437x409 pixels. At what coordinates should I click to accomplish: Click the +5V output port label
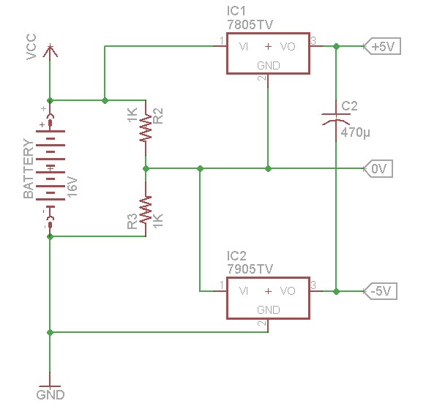point(382,46)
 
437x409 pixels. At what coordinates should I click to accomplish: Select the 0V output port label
point(378,168)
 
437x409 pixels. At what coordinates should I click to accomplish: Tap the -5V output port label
point(381,291)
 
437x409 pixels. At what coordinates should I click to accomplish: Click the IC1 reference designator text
point(236,11)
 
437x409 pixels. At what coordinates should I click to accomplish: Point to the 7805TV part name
point(250,25)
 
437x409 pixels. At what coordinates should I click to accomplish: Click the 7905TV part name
point(250,269)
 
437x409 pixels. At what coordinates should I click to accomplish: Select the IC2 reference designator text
point(236,256)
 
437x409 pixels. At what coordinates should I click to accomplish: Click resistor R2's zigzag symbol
point(146,127)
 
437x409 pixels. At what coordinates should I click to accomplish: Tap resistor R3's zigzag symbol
point(146,210)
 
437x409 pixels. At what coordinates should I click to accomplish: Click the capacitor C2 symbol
point(336,119)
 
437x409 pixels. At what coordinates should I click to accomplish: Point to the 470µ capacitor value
point(355,132)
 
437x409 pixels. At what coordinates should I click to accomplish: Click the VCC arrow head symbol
point(51,51)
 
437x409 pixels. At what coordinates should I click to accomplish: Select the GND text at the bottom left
point(51,395)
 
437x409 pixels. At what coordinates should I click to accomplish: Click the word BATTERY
point(29,168)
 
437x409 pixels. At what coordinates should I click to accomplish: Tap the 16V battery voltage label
point(72,187)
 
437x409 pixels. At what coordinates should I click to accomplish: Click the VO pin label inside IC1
point(288,47)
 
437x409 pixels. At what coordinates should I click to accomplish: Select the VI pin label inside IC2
point(244,291)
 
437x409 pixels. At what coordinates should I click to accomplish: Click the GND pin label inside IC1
point(269,66)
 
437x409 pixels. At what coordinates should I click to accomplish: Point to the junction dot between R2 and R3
point(146,168)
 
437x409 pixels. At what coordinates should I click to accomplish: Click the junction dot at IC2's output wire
point(337,291)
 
